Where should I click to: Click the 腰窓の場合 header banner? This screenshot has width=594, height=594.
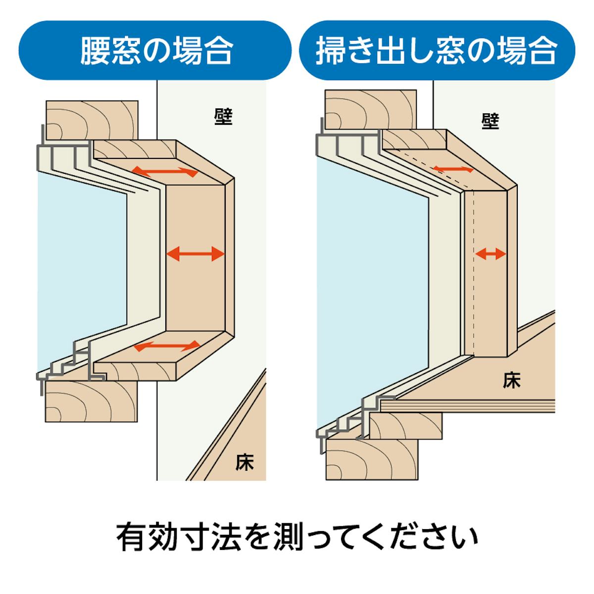pos(155,50)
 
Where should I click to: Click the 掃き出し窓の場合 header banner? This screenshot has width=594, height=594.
pos(437,50)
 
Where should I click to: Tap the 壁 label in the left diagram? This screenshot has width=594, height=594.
pos(223,116)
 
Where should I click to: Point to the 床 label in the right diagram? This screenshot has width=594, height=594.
pos(512,380)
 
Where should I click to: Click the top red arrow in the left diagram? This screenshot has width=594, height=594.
pos(165,171)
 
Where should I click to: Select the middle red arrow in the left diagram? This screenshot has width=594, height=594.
pos(196,254)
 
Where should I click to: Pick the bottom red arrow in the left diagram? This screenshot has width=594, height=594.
pos(167,346)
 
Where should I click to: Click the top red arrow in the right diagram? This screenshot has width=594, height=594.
pos(453,169)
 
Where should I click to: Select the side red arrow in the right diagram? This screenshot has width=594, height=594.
pos(491,254)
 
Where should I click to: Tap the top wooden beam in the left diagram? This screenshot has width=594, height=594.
pos(92,120)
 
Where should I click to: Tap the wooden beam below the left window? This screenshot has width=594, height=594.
pos(91,401)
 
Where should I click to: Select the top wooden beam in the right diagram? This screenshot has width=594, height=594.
pos(371,109)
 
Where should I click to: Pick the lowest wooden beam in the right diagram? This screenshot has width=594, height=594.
pos(372,459)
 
